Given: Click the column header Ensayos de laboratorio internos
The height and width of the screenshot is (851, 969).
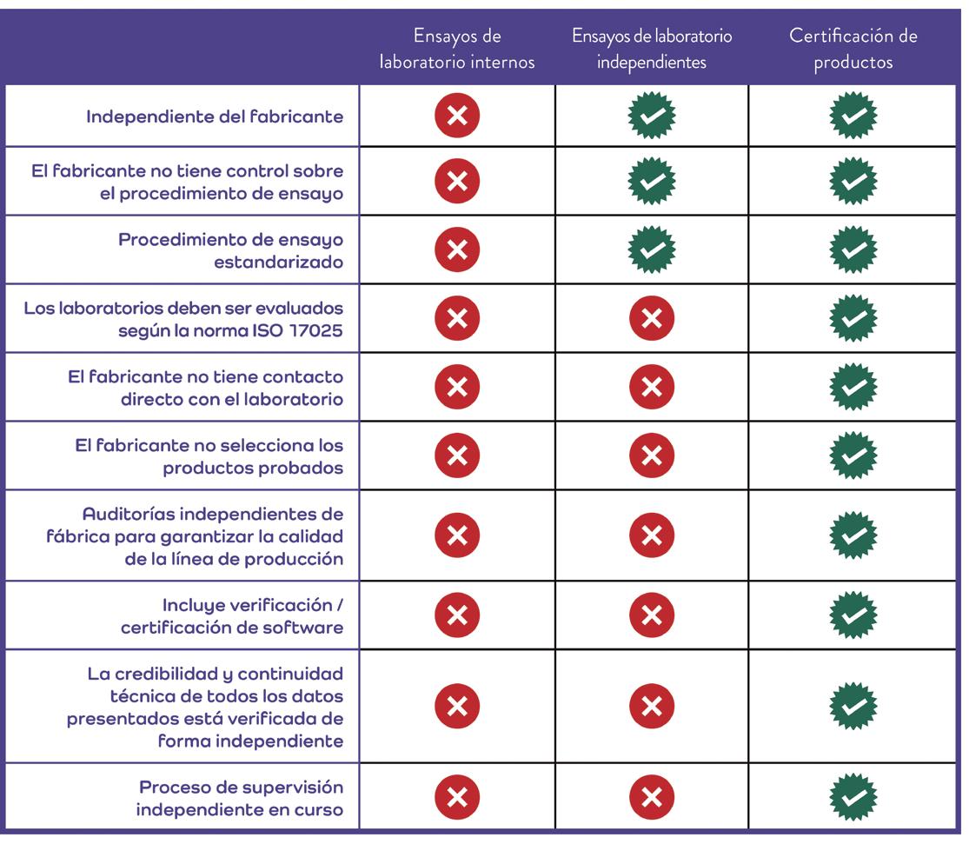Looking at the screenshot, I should coord(457,49).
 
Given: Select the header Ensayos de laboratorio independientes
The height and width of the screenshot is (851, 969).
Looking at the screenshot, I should coord(652,49).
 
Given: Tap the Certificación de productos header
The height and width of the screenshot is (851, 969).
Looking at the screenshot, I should coord(853,49).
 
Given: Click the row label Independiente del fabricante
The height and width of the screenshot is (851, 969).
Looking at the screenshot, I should coord(215,116).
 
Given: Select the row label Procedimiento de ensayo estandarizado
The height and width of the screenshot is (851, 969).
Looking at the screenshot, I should coord(231,249).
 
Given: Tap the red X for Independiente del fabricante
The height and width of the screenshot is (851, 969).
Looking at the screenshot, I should coord(457,116).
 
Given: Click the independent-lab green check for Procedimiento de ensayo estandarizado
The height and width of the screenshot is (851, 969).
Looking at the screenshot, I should coord(651,250).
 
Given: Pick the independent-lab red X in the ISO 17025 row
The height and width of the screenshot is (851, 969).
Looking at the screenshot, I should coord(651,318).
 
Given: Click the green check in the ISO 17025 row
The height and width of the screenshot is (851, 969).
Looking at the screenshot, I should coord(853,318).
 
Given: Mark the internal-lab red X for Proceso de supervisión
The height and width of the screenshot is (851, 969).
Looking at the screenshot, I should coord(457,798).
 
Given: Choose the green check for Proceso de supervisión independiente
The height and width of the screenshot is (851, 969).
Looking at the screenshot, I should coord(853,798).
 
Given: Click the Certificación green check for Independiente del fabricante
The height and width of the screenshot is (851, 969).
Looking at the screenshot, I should coord(853,116).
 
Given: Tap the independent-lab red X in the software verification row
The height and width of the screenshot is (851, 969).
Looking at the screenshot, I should coord(651,615).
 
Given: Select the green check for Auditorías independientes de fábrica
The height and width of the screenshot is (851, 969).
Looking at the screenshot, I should coord(853,535).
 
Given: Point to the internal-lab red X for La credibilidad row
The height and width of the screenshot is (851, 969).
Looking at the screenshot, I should coord(457,707).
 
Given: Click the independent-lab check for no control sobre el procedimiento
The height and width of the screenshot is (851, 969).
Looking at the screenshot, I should coord(651,181).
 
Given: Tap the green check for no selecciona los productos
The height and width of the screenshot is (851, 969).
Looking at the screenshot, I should coord(853,455).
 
